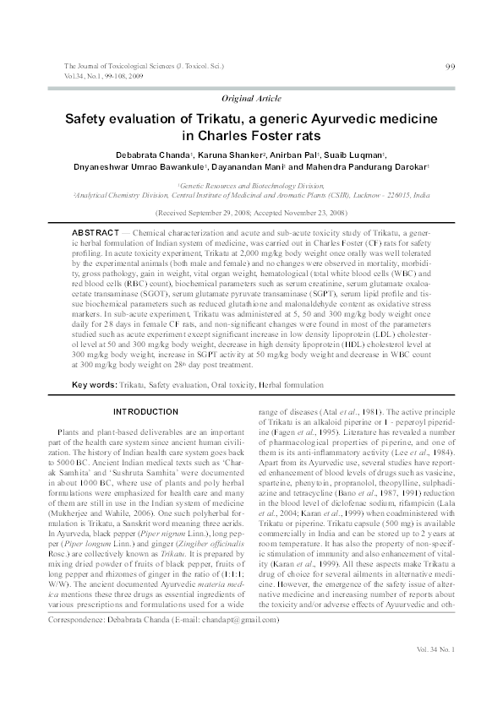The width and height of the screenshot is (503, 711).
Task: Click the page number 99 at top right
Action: pos(451,68)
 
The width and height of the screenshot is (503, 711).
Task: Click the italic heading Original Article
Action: pos(251,98)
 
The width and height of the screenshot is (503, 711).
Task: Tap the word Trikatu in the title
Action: pos(218,120)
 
